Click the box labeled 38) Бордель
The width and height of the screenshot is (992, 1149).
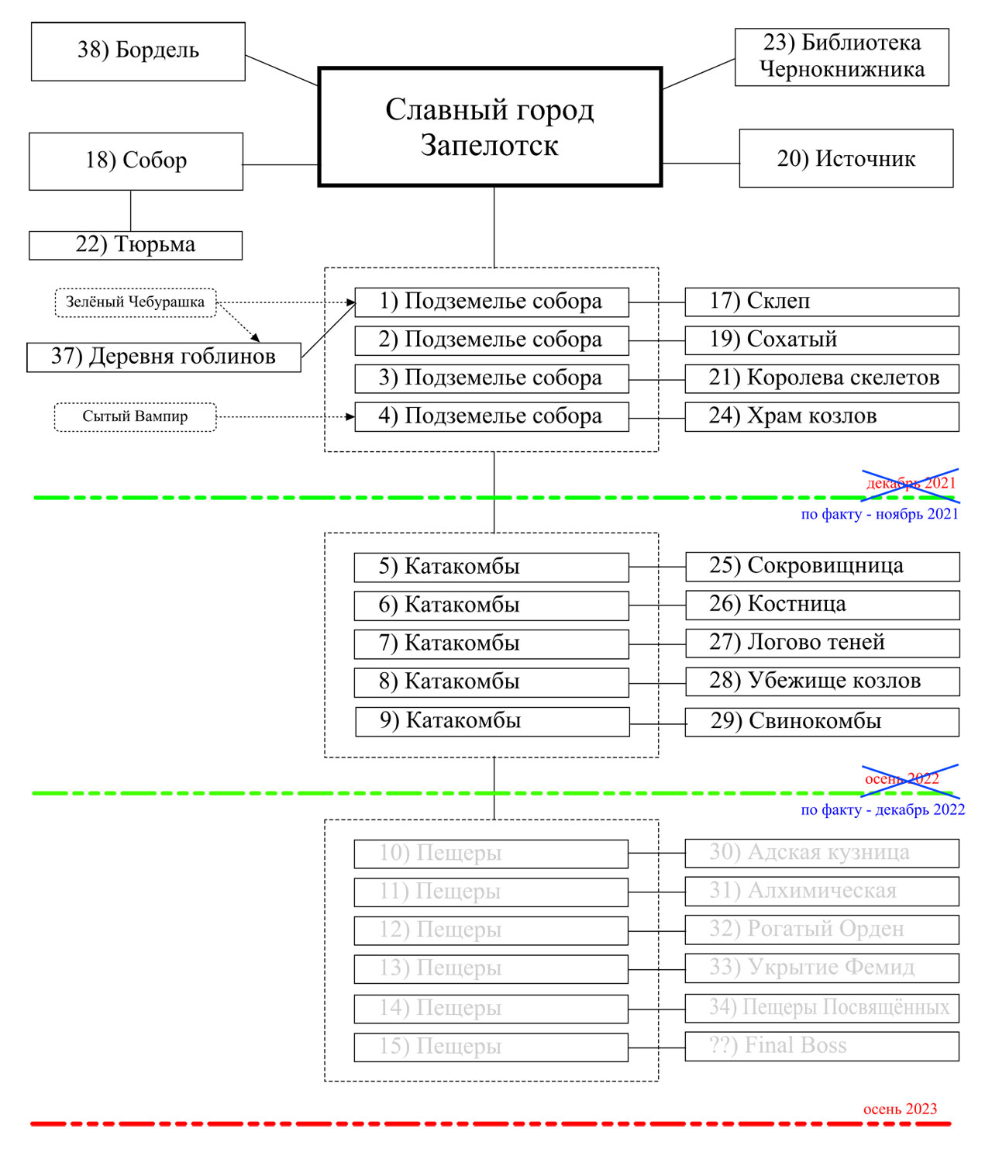click(138, 51)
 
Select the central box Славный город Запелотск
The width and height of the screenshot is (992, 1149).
click(490, 127)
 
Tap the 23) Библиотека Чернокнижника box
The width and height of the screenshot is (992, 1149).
click(842, 56)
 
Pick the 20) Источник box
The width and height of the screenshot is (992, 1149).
click(846, 158)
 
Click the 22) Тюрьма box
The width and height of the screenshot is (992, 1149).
click(136, 245)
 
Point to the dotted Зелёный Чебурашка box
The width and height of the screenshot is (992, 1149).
click(135, 302)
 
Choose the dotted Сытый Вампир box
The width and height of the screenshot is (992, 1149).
click(135, 416)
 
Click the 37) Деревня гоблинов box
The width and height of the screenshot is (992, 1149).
click(164, 357)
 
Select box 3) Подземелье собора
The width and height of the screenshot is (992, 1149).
click(491, 378)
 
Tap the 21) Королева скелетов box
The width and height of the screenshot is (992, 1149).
click(821, 378)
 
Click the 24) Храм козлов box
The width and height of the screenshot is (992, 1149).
click(821, 416)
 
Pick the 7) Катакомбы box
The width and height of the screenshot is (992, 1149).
click(491, 644)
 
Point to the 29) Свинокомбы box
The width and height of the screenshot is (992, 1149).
click(821, 722)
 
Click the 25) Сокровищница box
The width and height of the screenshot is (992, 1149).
click(822, 566)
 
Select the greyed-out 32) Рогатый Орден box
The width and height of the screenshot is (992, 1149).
click(821, 929)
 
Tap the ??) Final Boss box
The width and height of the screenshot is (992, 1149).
click(821, 1046)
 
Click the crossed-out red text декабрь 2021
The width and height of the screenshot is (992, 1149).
click(911, 484)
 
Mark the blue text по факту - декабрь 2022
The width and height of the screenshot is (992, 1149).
click(883, 810)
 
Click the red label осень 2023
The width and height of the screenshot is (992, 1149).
click(900, 1109)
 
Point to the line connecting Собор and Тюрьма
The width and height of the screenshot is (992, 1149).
click(131, 210)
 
